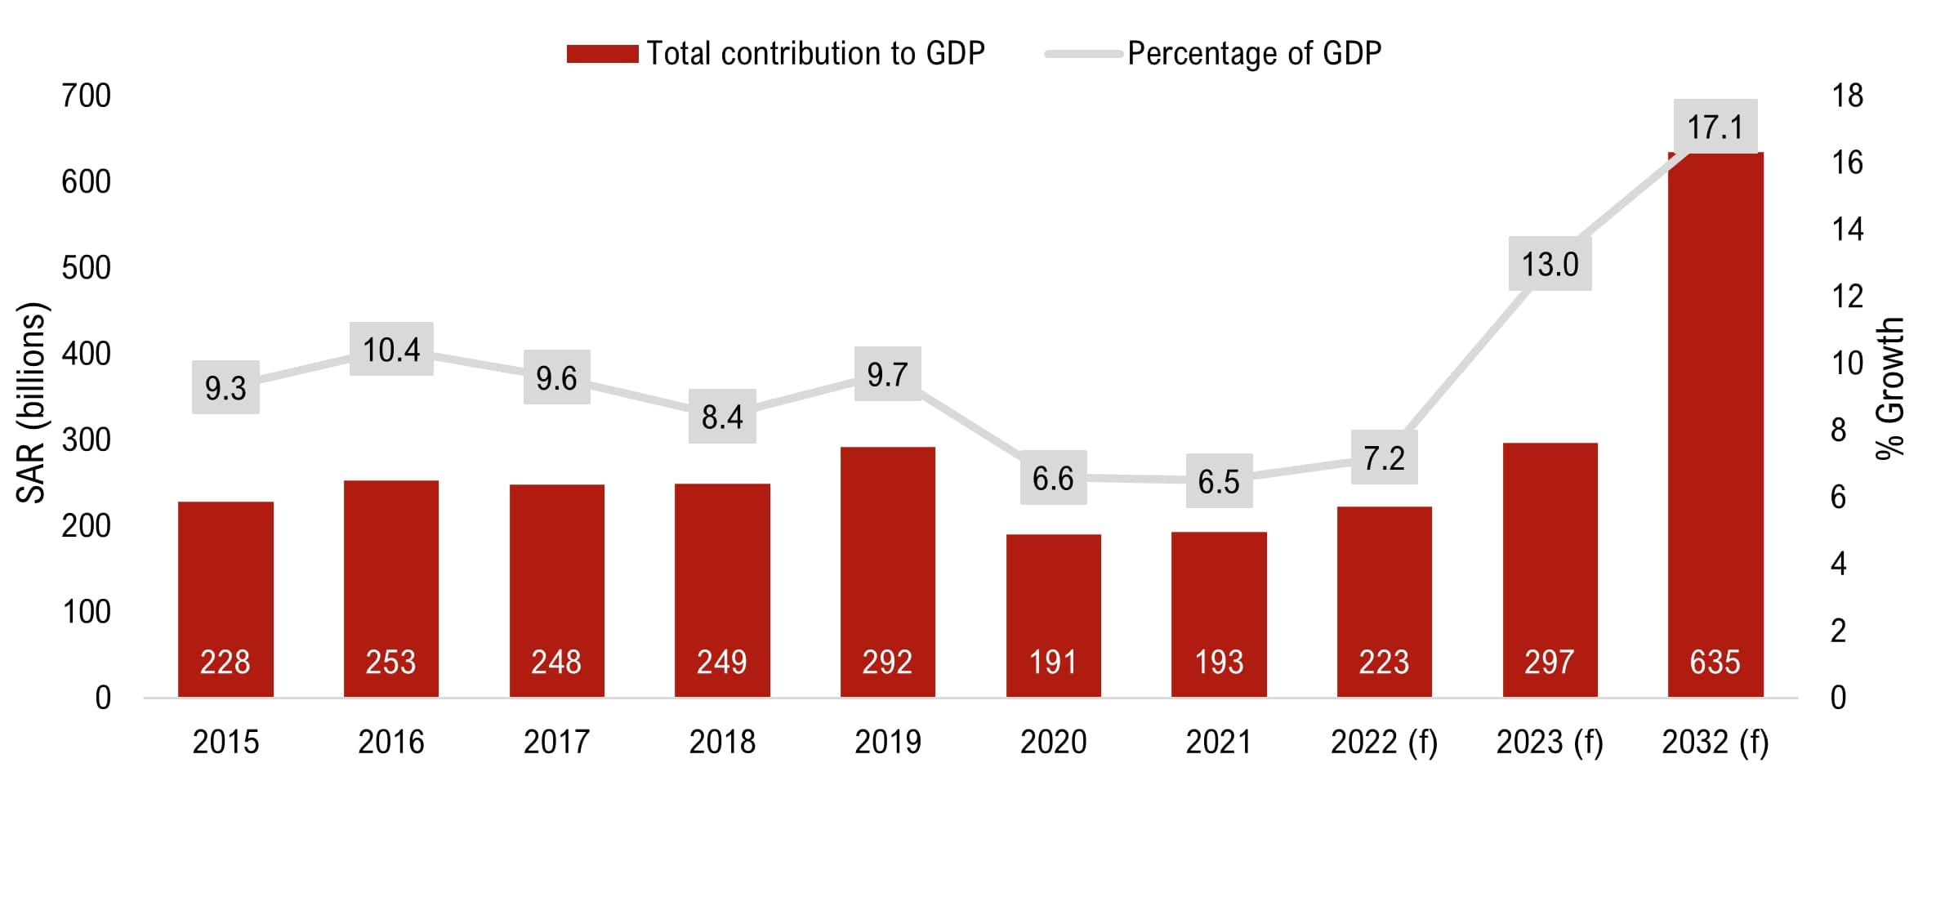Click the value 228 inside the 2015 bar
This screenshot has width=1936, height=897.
click(225, 662)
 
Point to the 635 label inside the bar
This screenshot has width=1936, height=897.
click(1715, 662)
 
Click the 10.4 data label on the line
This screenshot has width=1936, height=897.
click(391, 350)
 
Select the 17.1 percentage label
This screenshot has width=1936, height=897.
click(1715, 127)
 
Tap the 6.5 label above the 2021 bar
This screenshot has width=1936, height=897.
click(1219, 481)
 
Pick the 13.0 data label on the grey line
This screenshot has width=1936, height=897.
click(1550, 264)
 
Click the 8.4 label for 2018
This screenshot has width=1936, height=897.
click(722, 417)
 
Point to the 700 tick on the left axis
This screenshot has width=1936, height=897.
click(86, 96)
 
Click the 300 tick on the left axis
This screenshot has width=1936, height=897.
click(86, 440)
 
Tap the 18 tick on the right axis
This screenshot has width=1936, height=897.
click(1847, 96)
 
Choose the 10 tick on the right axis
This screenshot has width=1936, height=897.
click(1847, 363)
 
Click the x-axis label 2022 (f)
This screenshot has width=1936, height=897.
click(1384, 742)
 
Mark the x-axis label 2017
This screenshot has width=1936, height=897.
click(556, 742)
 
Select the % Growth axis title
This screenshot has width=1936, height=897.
click(1890, 389)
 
